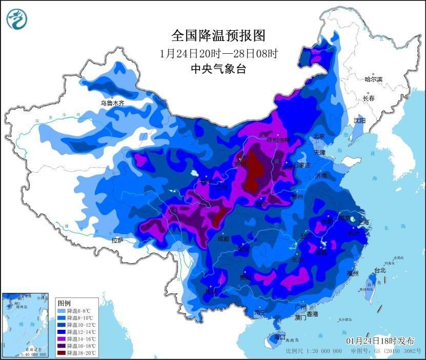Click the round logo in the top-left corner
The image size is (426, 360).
16,19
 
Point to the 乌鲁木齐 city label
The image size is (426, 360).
112,103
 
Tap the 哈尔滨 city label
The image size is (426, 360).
373,79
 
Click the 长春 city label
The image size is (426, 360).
369,98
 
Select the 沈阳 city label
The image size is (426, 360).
359,121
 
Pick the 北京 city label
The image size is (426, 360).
319,137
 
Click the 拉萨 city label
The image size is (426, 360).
117,240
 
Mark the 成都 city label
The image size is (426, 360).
223,239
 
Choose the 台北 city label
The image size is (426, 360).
379,270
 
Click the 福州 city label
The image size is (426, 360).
352,273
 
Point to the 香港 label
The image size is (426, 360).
312,313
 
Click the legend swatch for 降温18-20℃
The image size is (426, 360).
62,352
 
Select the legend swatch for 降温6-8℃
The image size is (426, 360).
62,311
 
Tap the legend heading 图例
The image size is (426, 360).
64,303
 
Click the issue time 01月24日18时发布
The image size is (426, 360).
380,341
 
